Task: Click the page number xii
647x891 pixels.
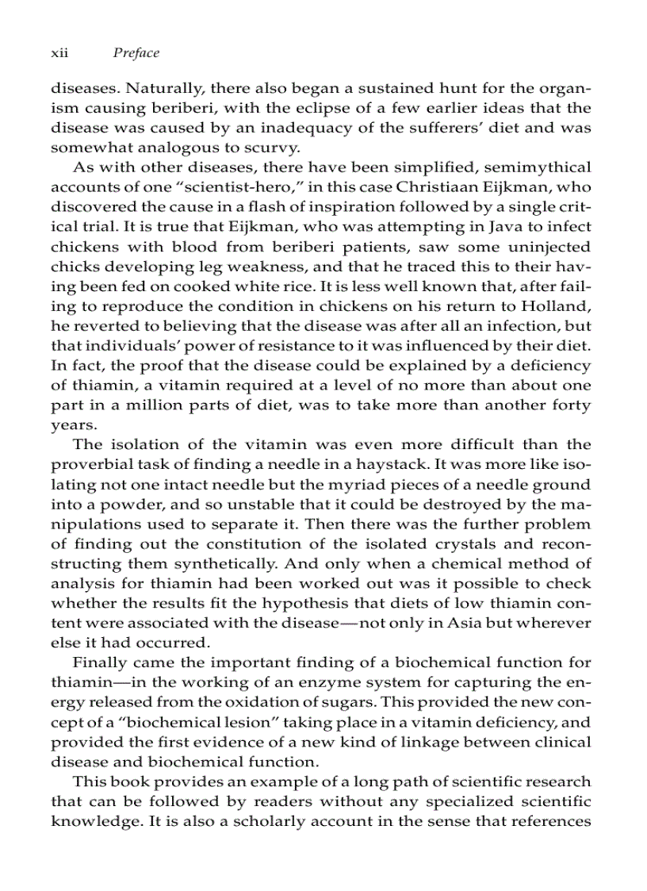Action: point(60,53)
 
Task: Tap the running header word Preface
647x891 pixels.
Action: point(136,53)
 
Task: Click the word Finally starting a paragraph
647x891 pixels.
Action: point(98,662)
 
